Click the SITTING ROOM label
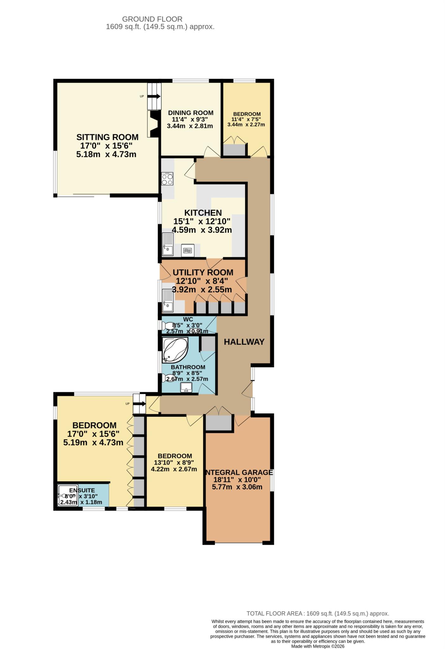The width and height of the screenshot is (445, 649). pyautogui.click(x=107, y=137)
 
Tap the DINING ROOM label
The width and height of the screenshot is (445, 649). pyautogui.click(x=191, y=113)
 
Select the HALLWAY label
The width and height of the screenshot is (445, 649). pyautogui.click(x=244, y=342)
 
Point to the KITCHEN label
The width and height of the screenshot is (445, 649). pyautogui.click(x=203, y=213)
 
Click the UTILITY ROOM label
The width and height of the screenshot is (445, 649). pyautogui.click(x=203, y=273)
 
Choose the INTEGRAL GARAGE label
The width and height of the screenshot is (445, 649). pyautogui.click(x=239, y=472)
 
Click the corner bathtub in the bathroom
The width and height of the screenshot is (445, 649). pyautogui.click(x=175, y=350)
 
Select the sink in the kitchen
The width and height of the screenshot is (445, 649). pyautogui.click(x=168, y=244)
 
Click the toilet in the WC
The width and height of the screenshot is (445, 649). pyautogui.click(x=167, y=326)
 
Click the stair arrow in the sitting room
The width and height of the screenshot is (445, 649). pyautogui.click(x=155, y=96)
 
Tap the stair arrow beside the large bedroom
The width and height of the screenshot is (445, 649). pyautogui.click(x=140, y=404)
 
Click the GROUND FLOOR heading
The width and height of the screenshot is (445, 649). pyautogui.click(x=152, y=19)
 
